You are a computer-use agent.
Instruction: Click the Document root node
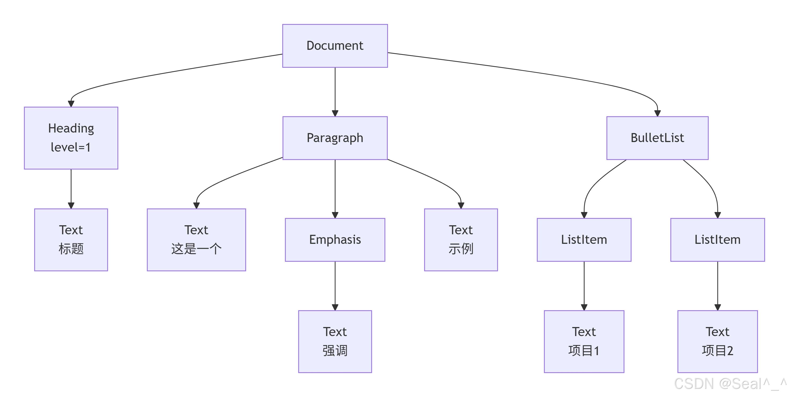(335, 46)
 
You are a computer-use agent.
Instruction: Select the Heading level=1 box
(71, 138)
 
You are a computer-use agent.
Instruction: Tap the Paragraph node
(335, 138)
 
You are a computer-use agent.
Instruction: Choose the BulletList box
(657, 138)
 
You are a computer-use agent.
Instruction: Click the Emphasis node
(335, 240)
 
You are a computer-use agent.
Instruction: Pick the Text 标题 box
(71, 240)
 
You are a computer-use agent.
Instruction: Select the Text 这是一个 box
(196, 240)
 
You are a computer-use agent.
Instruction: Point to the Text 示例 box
(461, 240)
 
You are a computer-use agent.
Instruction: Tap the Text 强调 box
(335, 341)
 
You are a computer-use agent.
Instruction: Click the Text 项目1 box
(584, 341)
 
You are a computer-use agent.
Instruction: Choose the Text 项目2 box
(717, 341)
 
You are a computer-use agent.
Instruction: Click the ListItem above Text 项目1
(584, 240)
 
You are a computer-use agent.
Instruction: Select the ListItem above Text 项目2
(717, 240)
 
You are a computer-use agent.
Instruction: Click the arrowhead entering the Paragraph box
(335, 113)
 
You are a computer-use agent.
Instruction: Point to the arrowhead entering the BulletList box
(657, 113)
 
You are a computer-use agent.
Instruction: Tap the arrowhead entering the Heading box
(71, 104)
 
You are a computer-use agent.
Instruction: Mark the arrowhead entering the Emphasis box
(335, 215)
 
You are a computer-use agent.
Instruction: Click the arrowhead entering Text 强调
(335, 307)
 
